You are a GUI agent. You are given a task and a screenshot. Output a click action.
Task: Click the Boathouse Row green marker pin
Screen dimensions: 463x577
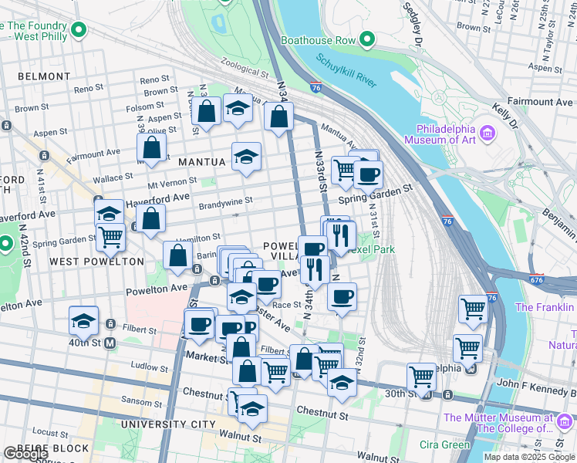tap(367, 39)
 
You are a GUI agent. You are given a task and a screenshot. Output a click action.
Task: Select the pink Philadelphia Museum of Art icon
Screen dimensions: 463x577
tap(487, 134)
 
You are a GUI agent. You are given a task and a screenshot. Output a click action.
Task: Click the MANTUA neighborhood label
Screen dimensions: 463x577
tap(201, 162)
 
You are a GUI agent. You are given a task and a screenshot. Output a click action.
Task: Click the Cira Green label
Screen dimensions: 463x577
tap(444, 444)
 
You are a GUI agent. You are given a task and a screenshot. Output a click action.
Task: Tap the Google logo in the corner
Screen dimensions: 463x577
tap(25, 454)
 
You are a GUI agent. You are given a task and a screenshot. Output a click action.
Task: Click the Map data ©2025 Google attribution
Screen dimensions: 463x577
tap(529, 457)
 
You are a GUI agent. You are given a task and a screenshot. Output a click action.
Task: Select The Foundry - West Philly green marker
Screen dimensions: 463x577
tap(77, 32)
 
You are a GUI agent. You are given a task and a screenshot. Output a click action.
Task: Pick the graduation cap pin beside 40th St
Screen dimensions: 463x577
tap(84, 320)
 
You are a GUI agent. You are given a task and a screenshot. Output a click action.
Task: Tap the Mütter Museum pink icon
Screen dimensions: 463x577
tap(565, 423)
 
